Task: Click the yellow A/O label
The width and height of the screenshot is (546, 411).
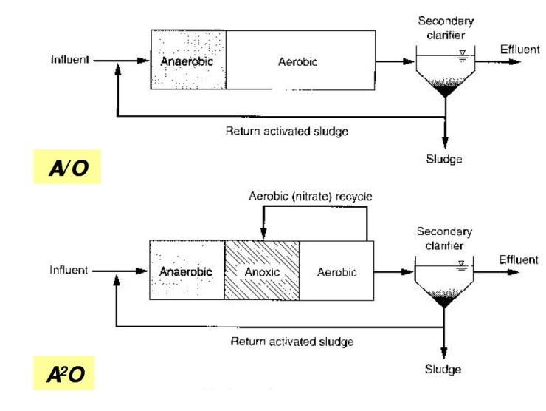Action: pyautogui.click(x=67, y=168)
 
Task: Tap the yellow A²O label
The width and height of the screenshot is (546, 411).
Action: pyautogui.click(x=66, y=376)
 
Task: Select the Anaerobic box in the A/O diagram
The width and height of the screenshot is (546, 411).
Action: pyautogui.click(x=187, y=61)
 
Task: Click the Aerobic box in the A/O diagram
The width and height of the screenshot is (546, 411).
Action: pyautogui.click(x=299, y=61)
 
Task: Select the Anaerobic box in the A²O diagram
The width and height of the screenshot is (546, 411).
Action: pyautogui.click(x=186, y=271)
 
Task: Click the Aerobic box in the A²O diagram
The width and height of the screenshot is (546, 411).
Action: pyautogui.click(x=336, y=271)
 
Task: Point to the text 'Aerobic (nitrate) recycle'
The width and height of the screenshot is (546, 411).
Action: pyautogui.click(x=310, y=197)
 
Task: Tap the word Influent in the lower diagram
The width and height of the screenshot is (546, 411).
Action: pyautogui.click(x=69, y=270)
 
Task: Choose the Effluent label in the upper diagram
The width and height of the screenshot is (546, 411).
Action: pyautogui.click(x=520, y=49)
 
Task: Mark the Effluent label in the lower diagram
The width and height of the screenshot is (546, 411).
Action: pyautogui.click(x=519, y=259)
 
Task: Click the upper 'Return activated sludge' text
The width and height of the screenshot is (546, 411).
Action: pyautogui.click(x=286, y=131)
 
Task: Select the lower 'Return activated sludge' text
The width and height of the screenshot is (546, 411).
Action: pyautogui.click(x=292, y=341)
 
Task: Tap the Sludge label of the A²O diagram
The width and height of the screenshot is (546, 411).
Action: pyautogui.click(x=443, y=369)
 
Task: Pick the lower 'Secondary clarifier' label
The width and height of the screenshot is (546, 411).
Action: pyautogui.click(x=444, y=237)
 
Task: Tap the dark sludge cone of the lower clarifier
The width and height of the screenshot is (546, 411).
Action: pyautogui.click(x=443, y=299)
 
